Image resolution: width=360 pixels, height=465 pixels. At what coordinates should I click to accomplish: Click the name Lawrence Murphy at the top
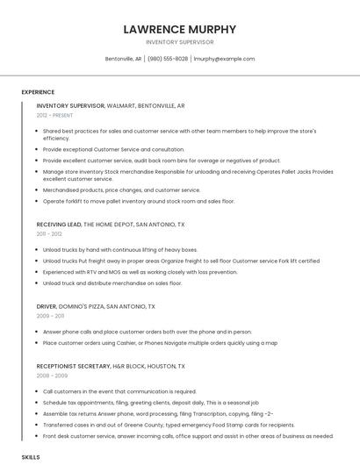point(179,28)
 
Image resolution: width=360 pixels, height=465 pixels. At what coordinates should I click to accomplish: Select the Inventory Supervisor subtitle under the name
point(179,41)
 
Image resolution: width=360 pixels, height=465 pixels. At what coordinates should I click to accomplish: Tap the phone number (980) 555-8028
point(168,59)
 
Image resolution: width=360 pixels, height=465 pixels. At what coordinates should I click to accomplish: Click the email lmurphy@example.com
point(224,59)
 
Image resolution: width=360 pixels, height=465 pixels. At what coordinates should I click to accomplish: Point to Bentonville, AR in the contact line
point(123,59)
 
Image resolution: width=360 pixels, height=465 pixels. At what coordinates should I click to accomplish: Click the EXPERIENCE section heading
point(38,91)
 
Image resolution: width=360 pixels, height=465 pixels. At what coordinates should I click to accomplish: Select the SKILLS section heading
point(31,457)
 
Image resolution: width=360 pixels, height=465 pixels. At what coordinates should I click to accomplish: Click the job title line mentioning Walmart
point(111,105)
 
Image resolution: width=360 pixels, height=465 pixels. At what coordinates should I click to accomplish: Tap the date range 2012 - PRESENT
point(54,115)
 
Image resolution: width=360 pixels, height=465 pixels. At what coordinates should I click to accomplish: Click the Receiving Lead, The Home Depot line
point(111,224)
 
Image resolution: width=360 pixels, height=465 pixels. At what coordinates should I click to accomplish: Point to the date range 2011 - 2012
point(49,233)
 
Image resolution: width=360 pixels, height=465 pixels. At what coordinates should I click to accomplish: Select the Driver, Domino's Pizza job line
point(96,306)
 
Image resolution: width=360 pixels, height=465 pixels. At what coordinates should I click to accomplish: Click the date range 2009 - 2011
point(50,316)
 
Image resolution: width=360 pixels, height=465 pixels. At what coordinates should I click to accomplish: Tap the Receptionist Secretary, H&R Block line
point(111,365)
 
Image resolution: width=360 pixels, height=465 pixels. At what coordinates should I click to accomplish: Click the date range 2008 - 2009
point(51,375)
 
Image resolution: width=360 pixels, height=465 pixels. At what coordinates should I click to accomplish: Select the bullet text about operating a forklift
point(139,201)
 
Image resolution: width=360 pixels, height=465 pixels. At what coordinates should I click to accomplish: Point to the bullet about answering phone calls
point(147,332)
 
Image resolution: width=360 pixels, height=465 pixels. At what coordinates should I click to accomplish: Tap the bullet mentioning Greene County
point(156,424)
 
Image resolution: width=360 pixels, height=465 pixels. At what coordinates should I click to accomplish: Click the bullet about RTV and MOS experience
point(140,272)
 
